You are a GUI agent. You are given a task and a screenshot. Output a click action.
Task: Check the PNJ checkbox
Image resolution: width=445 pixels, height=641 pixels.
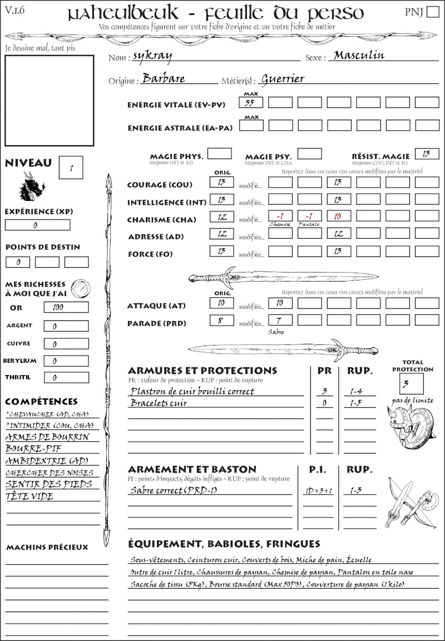tap(432, 12)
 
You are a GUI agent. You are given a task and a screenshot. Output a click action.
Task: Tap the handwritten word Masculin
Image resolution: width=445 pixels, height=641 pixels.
tap(359, 56)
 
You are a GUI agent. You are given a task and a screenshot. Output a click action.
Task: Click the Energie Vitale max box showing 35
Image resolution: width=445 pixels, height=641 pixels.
tap(251, 103)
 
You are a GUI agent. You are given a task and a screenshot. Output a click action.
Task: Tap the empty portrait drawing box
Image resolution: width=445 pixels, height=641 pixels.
tap(49, 99)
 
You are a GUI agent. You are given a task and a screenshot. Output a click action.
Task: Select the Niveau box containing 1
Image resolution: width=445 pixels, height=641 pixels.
tap(72, 167)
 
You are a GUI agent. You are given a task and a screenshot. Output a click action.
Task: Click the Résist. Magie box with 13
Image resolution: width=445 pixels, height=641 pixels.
tap(427, 154)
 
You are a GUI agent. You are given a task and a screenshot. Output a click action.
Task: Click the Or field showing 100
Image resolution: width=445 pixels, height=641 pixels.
tap(66, 307)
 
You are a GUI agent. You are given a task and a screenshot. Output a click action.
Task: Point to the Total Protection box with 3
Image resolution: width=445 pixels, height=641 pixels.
tap(412, 383)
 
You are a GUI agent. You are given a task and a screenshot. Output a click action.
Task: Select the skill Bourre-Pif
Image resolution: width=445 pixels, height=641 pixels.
tap(27, 448)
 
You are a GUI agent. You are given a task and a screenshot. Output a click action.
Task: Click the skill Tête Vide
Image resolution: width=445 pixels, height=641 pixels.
tap(29, 496)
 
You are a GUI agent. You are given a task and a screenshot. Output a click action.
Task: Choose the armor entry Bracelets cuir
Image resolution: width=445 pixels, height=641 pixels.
tap(159, 403)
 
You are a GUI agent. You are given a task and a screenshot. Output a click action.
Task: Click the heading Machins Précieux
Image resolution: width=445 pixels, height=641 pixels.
tap(47, 548)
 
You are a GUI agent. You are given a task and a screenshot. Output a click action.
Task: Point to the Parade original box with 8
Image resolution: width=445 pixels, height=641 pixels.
tap(221, 320)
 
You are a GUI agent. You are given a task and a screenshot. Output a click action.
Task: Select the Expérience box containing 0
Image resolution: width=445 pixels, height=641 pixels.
tap(37, 225)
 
